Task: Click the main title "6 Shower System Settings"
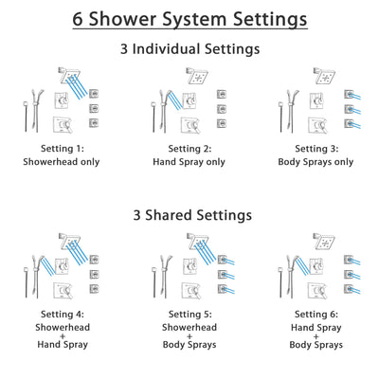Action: point(189,18)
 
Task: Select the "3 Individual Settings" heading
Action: point(189,47)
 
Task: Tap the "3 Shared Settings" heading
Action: point(189,215)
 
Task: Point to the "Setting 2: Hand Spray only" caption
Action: point(189,154)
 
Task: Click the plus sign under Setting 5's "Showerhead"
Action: point(189,337)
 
